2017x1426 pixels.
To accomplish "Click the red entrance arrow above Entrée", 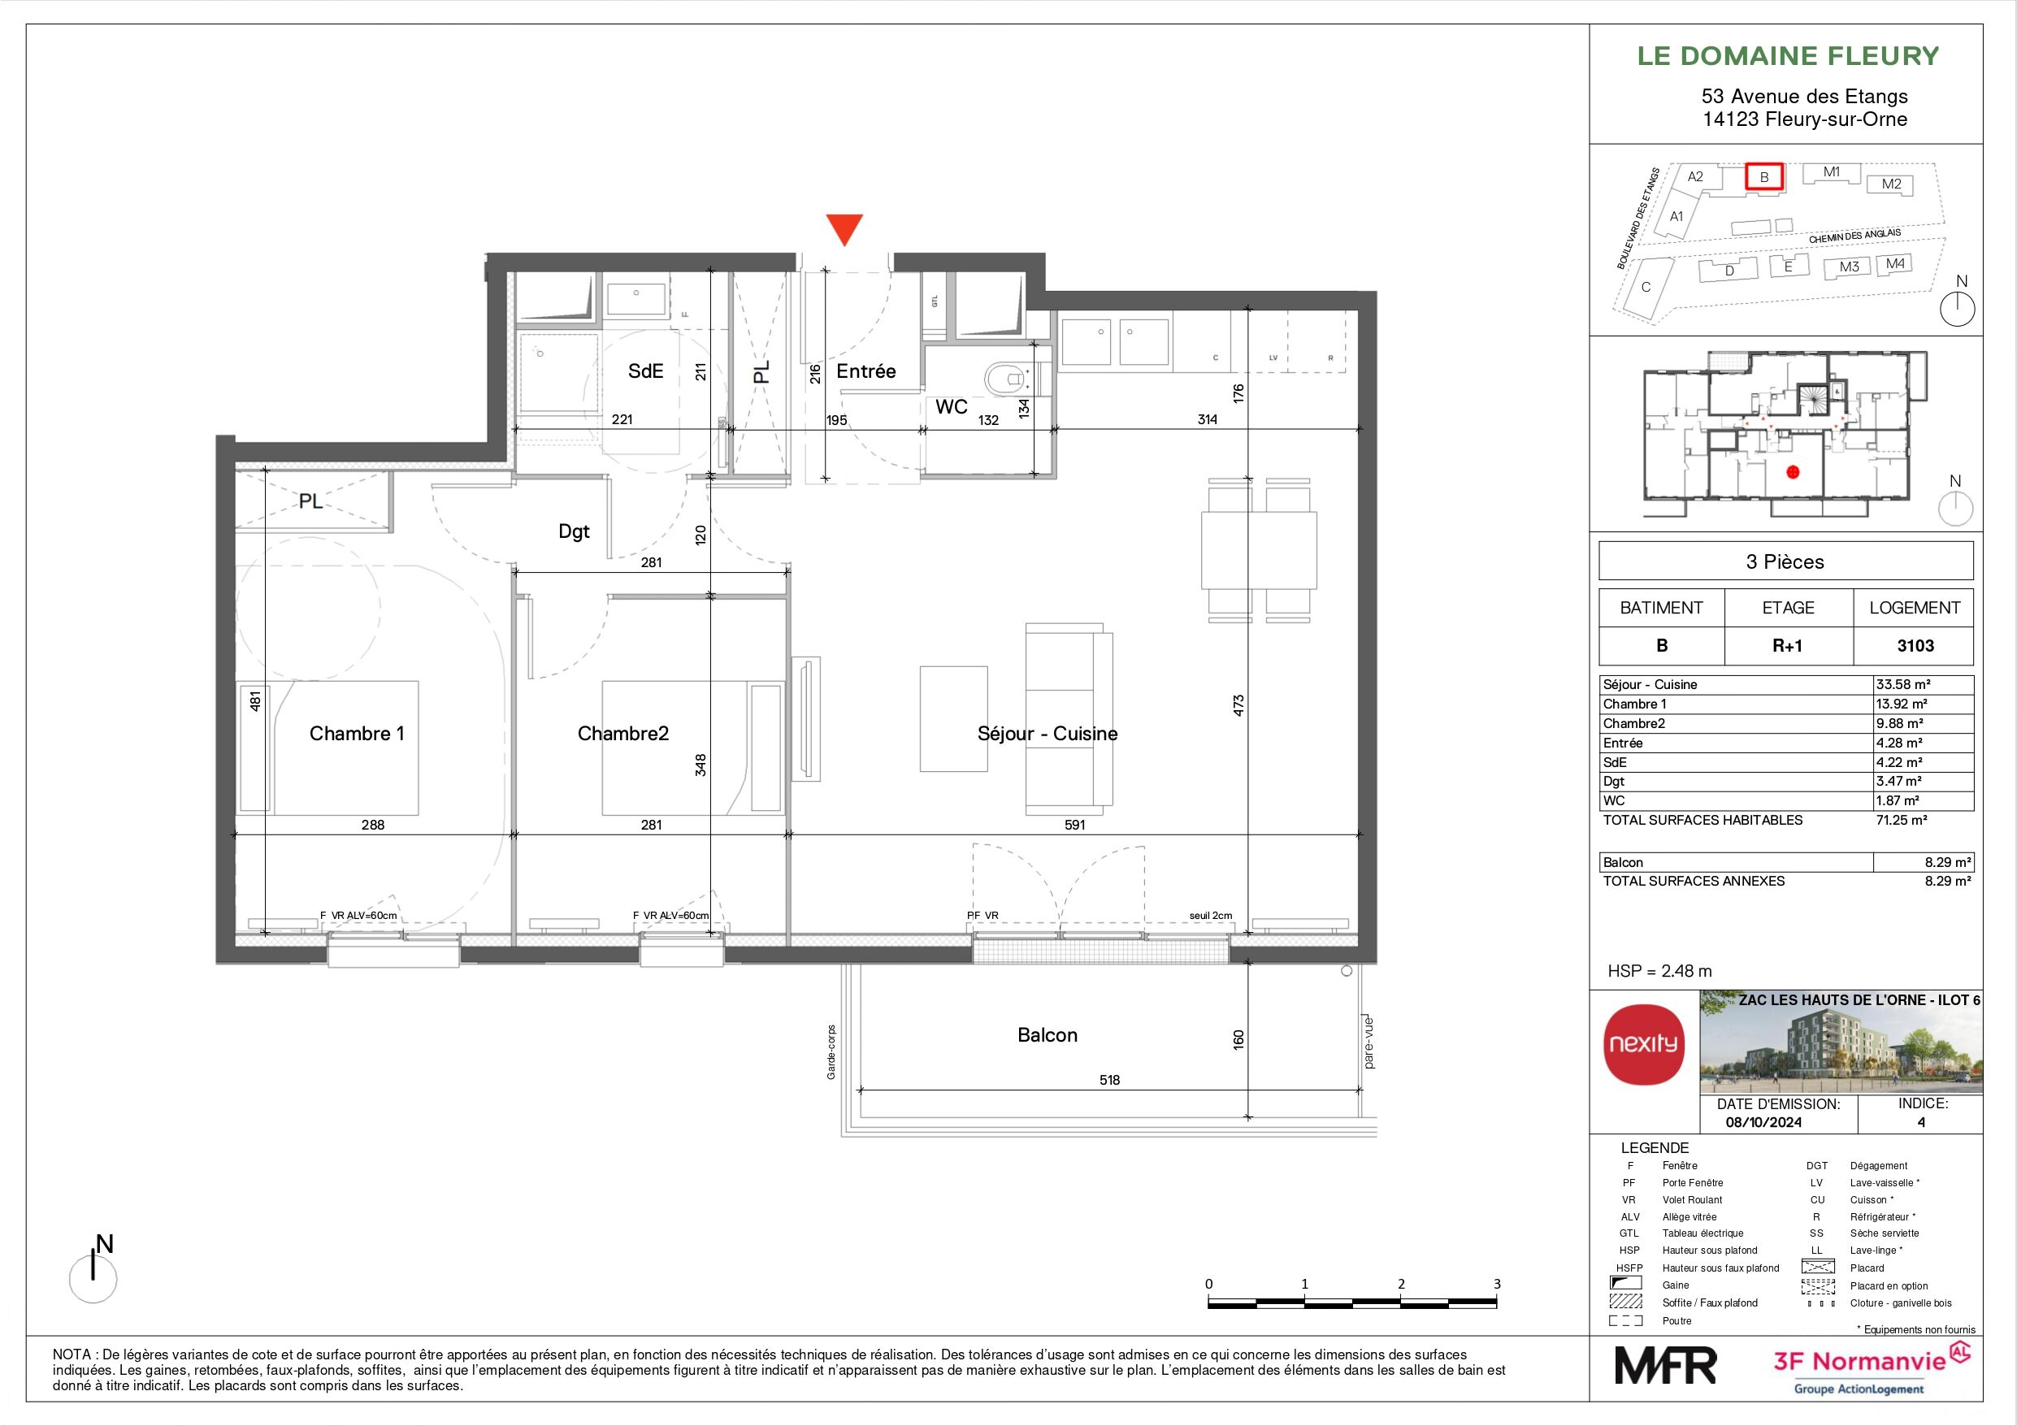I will [x=845, y=229].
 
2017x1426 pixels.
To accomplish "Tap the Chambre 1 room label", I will [x=357, y=734].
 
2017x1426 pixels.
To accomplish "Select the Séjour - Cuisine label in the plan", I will [x=1048, y=734].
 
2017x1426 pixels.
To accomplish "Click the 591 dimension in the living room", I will [x=1074, y=825].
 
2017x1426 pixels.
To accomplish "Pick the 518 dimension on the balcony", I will [x=1109, y=1080].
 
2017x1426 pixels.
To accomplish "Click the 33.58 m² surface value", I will [x=1898, y=684].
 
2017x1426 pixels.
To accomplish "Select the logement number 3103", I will [x=1915, y=646].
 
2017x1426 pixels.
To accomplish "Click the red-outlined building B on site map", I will [x=1763, y=176].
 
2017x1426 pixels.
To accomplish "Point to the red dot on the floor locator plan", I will [x=1793, y=472].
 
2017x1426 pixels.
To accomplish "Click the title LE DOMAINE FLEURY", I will [x=1788, y=56].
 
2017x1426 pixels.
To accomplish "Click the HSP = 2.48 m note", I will [x=1659, y=971].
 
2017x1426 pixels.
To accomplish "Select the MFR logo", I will [x=1666, y=1365].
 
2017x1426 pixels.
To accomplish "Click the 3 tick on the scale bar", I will [x=1497, y=1284].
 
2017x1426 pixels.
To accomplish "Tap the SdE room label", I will [x=646, y=371].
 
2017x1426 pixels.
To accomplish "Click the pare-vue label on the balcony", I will [x=1369, y=1043].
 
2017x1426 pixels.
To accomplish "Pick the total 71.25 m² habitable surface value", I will [x=1901, y=820].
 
